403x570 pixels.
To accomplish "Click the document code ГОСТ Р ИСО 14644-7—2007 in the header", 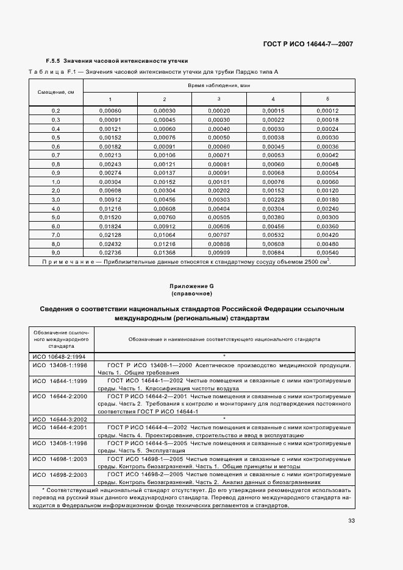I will click(x=307, y=44).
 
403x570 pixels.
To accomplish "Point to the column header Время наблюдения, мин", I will click(x=219, y=86).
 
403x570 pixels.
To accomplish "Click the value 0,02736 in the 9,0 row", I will click(x=110, y=252).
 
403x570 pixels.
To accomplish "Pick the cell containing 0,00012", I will click(x=327, y=110).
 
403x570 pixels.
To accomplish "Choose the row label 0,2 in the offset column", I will click(x=56, y=110).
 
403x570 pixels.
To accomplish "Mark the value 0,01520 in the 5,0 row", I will click(x=110, y=217).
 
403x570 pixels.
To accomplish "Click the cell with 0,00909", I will click(x=218, y=252).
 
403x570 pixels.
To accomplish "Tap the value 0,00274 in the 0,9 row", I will click(x=110, y=172).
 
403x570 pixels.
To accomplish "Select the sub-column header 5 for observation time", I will click(x=327, y=99).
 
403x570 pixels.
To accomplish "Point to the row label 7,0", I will click(x=56, y=234).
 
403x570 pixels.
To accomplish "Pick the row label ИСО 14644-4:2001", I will click(x=59, y=427).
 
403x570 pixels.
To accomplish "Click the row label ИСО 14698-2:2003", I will click(x=59, y=474).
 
